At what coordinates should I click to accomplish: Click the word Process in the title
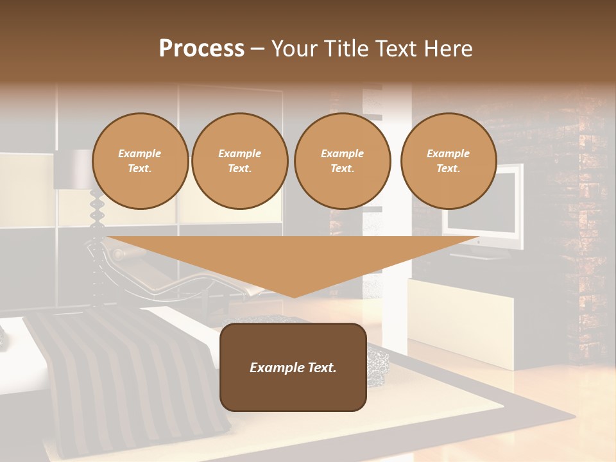pos(201,49)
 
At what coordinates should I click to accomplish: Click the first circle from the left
pos(140,161)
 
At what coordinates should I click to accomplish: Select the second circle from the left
pos(240,161)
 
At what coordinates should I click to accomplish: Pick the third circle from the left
pos(343,161)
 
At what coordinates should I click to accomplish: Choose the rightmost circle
pos(449,161)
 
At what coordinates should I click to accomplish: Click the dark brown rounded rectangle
pos(293,367)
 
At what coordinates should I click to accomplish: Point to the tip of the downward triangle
pos(294,296)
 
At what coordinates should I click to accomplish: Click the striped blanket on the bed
pos(128,379)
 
